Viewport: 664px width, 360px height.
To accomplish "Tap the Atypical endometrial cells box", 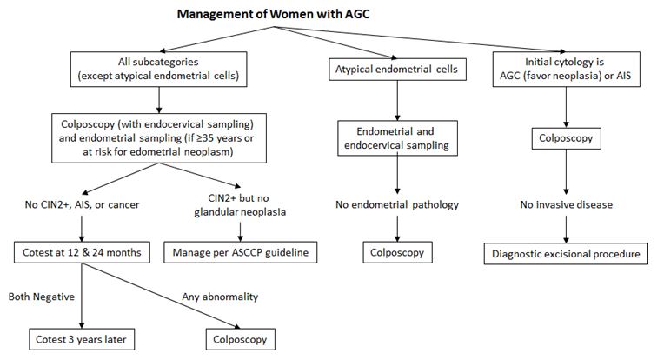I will (x=397, y=69).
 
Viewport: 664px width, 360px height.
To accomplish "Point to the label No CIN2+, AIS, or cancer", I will (x=82, y=205).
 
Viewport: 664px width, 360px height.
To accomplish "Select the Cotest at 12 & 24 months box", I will (x=81, y=253).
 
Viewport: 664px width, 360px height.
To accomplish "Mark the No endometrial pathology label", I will (x=397, y=205).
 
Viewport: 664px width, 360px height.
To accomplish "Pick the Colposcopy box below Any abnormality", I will (x=237, y=338).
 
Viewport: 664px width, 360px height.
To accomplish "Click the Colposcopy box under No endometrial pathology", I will (x=397, y=255).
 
